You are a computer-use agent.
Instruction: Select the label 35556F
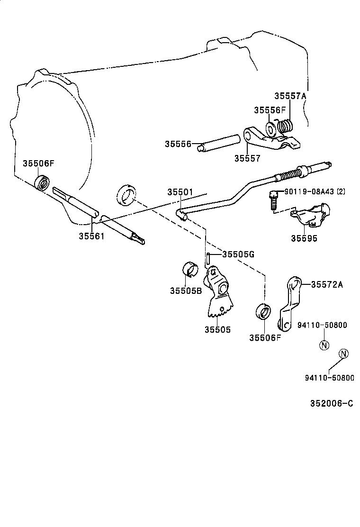[x=270, y=110]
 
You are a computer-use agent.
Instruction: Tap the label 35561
[x=92, y=236]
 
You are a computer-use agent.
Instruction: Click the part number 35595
[x=305, y=238]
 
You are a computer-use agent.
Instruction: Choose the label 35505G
[x=238, y=254]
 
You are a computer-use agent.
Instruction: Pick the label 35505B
[x=186, y=290]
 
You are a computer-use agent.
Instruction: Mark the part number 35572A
[x=327, y=284]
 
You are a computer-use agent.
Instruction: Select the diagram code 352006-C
[x=332, y=403]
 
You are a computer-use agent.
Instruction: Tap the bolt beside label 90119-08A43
[x=273, y=200]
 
